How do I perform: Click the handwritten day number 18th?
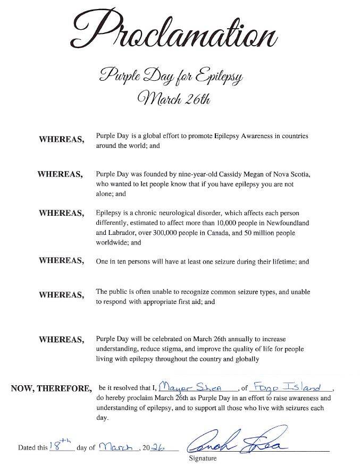pyautogui.click(x=60, y=445)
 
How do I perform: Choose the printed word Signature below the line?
pyautogui.click(x=202, y=457)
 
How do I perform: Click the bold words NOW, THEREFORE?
pyautogui.click(x=51, y=388)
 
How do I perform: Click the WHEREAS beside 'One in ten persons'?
pyautogui.click(x=62, y=260)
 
